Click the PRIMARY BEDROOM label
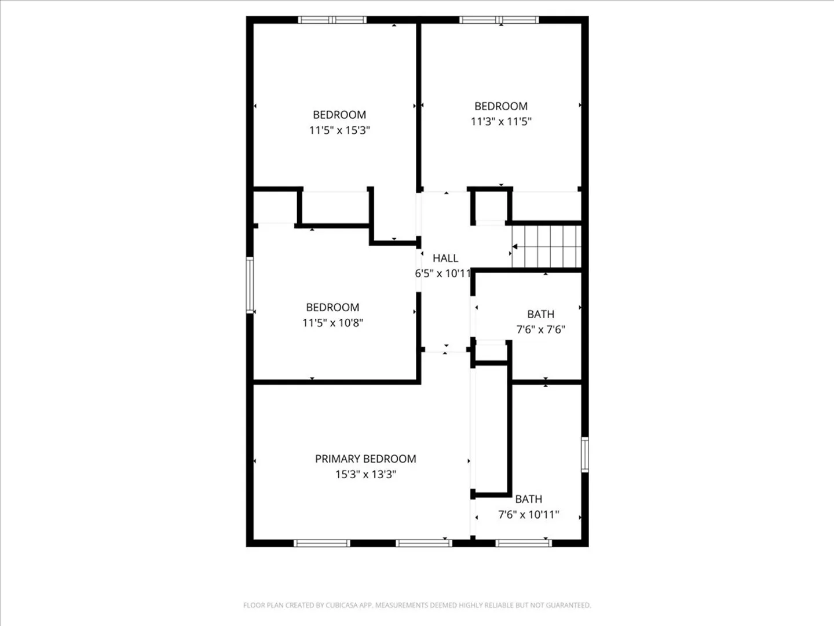tap(365, 458)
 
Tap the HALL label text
tap(445, 258)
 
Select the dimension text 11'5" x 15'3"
tap(339, 130)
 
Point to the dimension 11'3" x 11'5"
tap(501, 121)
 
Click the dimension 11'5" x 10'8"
tap(332, 323)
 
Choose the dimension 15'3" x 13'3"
tap(365, 474)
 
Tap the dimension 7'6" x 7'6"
tap(540, 329)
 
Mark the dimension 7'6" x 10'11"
tap(529, 514)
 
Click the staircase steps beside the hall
tap(546, 247)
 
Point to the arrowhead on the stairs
tap(515, 247)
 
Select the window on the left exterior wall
tap(250, 285)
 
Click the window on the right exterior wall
tap(585, 454)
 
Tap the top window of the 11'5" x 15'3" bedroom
tap(332, 20)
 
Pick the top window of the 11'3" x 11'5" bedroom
tap(499, 20)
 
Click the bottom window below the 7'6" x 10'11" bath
tap(524, 543)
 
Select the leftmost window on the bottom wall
tap(322, 543)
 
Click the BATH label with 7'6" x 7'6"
tap(540, 314)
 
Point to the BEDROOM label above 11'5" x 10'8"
tap(332, 307)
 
